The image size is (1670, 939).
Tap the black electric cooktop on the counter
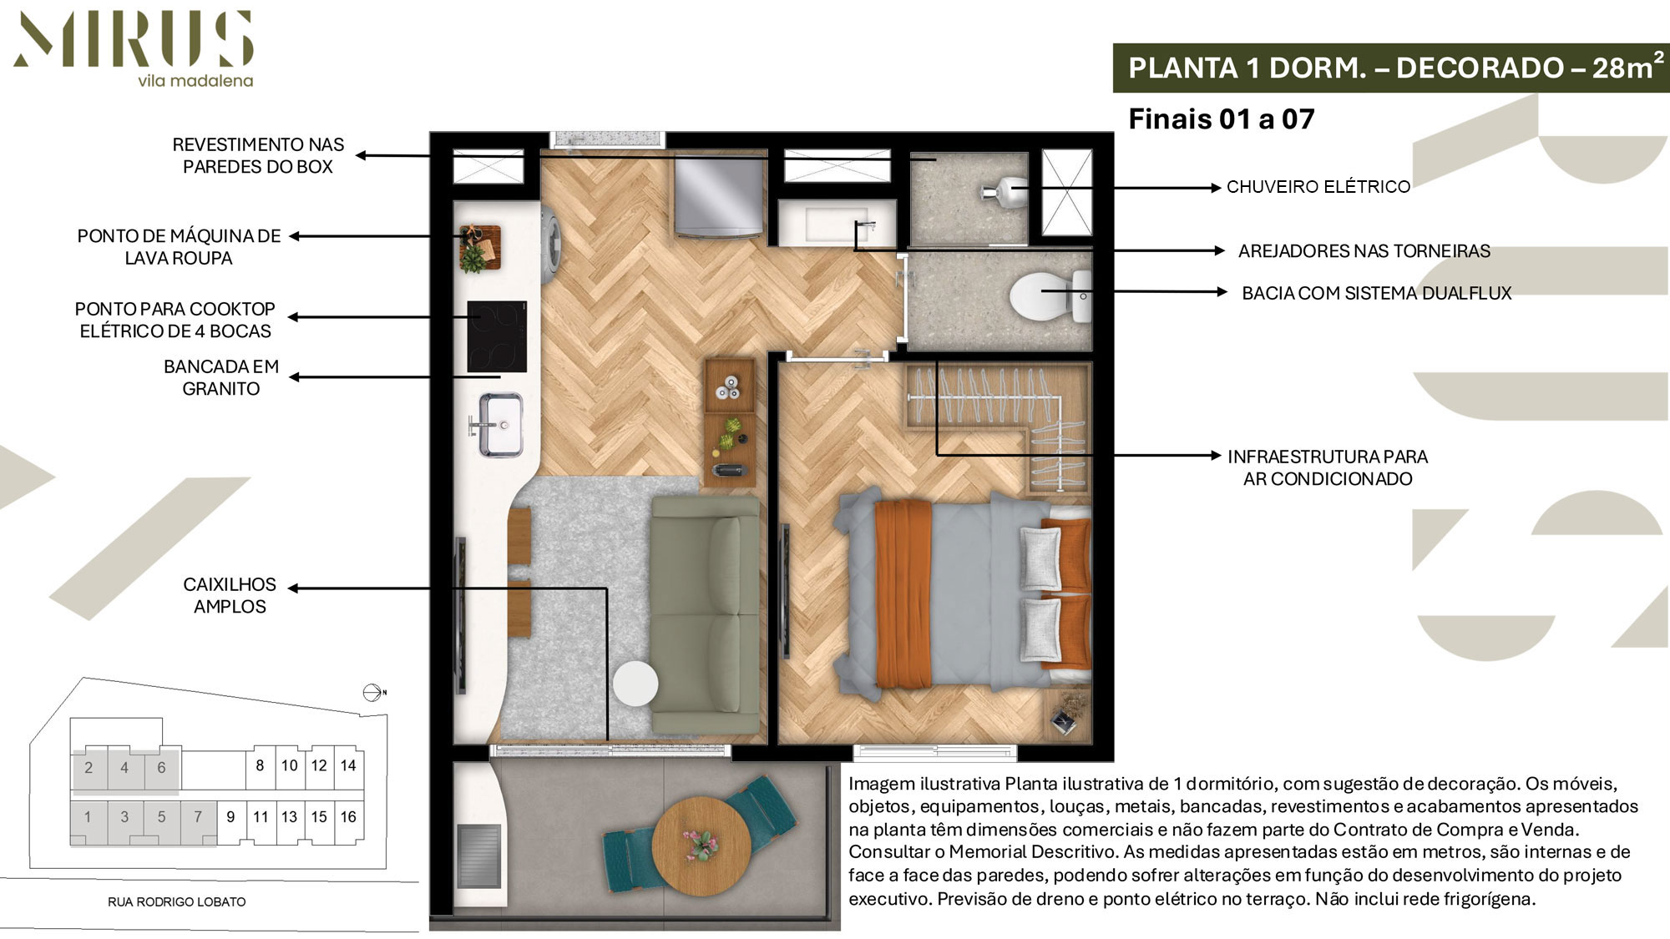tap(497, 336)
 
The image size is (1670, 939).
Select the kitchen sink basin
tap(502, 425)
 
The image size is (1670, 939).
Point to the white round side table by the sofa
tap(635, 684)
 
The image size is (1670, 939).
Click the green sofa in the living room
tap(706, 614)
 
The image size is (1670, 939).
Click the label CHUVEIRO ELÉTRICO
tap(1318, 187)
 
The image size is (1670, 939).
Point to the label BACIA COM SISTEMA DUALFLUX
tap(1376, 293)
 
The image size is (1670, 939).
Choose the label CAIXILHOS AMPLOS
tap(230, 595)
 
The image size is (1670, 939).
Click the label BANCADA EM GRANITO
tap(221, 377)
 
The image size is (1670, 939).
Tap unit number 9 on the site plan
tap(230, 817)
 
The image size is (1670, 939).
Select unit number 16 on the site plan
tap(348, 817)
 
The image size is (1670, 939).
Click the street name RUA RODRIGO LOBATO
tap(177, 901)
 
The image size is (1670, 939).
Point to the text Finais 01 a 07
tap(1222, 119)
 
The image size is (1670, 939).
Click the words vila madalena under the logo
tap(195, 81)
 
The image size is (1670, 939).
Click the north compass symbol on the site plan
tap(373, 693)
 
